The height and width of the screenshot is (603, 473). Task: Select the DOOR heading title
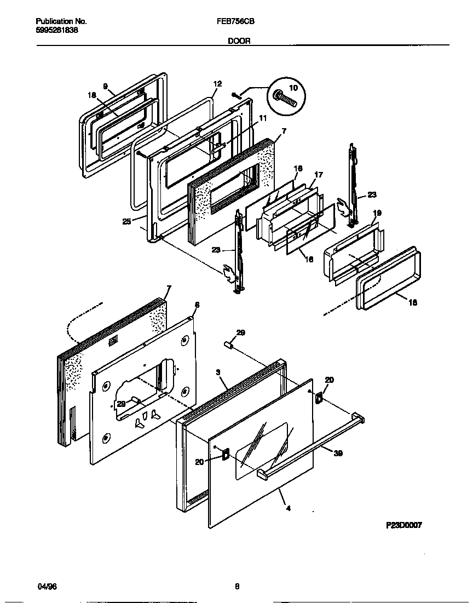tap(236, 41)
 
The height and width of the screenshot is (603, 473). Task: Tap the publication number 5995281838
tap(56, 30)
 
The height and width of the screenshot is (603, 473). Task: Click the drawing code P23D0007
tap(404, 525)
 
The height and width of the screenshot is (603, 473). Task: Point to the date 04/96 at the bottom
tap(47, 587)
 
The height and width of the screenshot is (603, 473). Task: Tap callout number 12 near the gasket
tap(217, 84)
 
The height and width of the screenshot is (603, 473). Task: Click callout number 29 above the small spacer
tap(240, 332)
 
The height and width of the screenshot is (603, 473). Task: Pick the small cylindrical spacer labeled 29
tap(229, 346)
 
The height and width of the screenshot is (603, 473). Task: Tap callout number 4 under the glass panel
tap(288, 508)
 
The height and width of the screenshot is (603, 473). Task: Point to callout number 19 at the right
tap(377, 213)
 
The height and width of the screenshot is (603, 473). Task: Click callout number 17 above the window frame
tap(318, 175)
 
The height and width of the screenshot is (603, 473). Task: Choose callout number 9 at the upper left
tap(105, 86)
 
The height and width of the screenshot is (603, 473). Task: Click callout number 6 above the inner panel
tap(197, 305)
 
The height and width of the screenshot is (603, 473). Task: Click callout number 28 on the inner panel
tap(121, 403)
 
